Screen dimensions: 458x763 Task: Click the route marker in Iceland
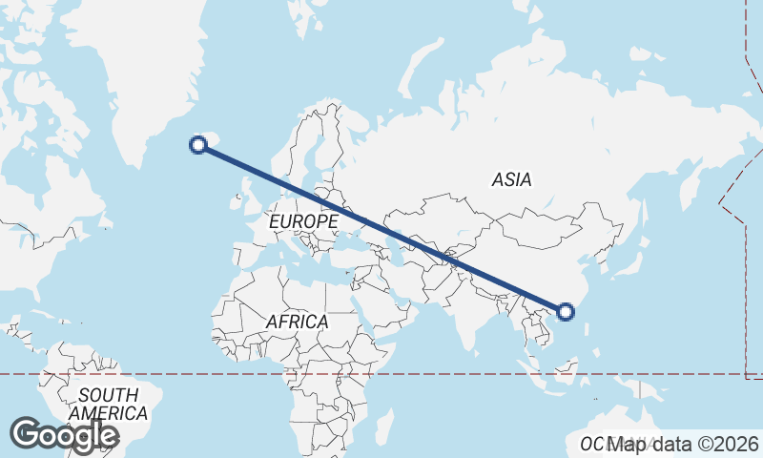[198, 145]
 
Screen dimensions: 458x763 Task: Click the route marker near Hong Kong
[566, 311]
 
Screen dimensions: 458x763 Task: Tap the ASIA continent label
[512, 179]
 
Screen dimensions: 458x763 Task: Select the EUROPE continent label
[303, 221]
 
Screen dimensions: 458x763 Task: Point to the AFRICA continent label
[297, 323]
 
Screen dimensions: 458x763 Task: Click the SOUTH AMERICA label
[108, 405]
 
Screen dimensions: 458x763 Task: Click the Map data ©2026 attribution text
[684, 444]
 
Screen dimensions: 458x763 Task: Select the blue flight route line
[381, 228]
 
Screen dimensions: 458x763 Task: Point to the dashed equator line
[191, 374]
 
